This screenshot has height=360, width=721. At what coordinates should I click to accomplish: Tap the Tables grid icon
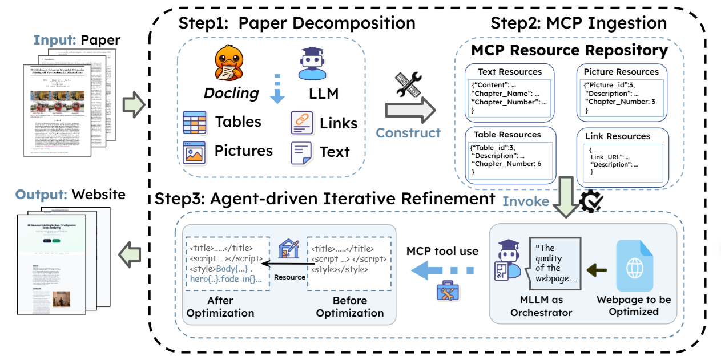(x=194, y=122)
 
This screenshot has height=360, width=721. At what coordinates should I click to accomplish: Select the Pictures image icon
(x=194, y=152)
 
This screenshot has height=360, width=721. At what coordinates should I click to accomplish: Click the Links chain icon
(x=302, y=123)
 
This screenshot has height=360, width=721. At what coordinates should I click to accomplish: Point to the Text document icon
(x=302, y=152)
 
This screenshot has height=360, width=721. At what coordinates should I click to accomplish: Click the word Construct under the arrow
(x=408, y=133)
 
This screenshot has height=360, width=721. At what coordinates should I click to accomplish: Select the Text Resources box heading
(x=510, y=72)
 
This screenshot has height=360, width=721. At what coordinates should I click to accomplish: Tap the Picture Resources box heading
(x=621, y=72)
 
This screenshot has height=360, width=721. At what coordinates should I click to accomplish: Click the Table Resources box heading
(x=507, y=135)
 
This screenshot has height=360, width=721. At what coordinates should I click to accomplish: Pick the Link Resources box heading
(x=618, y=136)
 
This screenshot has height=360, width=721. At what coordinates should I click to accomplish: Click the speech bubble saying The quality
(x=553, y=263)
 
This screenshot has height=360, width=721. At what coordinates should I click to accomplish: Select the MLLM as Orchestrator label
(x=542, y=306)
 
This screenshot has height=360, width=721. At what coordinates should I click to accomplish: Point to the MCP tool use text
(x=442, y=252)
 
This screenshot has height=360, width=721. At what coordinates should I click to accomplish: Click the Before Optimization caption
(x=350, y=306)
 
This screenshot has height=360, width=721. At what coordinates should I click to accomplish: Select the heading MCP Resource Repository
(x=569, y=50)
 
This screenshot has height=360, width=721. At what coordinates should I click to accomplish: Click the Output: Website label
(x=71, y=195)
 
